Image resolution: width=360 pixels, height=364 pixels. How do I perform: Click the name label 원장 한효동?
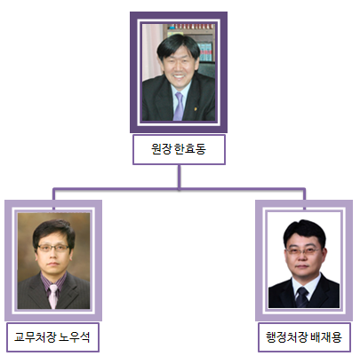coord(179,149)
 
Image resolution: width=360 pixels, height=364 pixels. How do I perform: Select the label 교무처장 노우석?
coord(52,337)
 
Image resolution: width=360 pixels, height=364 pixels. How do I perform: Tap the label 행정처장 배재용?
coord(304,337)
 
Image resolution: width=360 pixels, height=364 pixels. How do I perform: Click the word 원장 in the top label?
coord(161,149)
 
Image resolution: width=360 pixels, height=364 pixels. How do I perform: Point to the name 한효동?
coord(190,149)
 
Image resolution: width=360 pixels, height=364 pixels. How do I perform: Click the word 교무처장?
coord(36,337)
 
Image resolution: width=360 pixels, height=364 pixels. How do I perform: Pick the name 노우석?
coord(75,337)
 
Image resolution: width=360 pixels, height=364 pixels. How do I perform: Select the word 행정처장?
coord(287,337)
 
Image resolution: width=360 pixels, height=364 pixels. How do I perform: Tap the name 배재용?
coord(326,337)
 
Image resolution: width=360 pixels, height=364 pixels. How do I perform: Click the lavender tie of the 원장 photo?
coord(179,106)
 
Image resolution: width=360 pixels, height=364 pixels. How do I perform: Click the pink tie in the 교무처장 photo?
coord(53,297)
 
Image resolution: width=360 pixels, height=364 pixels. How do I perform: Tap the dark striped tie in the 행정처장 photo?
coord(302,297)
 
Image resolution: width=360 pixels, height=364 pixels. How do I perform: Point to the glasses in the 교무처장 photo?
coord(53,248)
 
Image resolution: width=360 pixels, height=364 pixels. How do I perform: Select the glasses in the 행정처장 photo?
coord(303,251)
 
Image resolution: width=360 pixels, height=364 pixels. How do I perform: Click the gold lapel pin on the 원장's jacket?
coord(196,109)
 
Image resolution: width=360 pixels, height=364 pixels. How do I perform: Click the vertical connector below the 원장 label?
coord(180,177)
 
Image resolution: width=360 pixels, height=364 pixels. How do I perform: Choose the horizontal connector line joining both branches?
coord(179,189)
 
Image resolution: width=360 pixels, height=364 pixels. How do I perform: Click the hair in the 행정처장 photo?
coord(305,233)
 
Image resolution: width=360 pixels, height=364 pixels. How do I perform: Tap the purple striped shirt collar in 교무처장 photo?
coord(53,282)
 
